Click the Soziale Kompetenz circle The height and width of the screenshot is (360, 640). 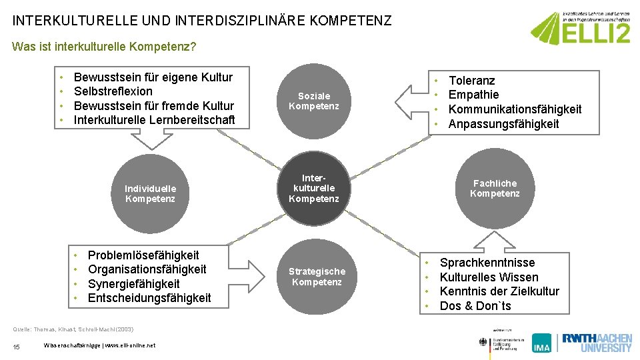(314, 101)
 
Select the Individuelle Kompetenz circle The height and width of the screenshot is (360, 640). (151, 193)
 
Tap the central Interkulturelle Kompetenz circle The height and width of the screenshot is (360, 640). (314, 189)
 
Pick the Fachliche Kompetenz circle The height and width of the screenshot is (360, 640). (495, 189)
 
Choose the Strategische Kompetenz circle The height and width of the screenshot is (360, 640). (317, 276)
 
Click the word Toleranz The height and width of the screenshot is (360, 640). (471, 81)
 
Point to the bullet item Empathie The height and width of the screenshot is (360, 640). (473, 95)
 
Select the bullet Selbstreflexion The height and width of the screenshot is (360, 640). (113, 91)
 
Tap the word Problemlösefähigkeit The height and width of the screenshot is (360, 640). (143, 255)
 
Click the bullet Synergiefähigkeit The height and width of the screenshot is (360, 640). (134, 284)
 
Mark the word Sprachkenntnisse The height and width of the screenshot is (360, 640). (487, 263)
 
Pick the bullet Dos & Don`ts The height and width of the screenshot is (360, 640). (475, 306)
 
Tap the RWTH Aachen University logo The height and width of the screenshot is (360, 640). (596, 342)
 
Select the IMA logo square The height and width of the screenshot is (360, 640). (542, 343)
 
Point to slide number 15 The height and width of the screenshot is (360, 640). (16, 345)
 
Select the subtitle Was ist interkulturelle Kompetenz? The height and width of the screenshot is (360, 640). (104, 47)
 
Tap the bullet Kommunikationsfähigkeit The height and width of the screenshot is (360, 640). (515, 109)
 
